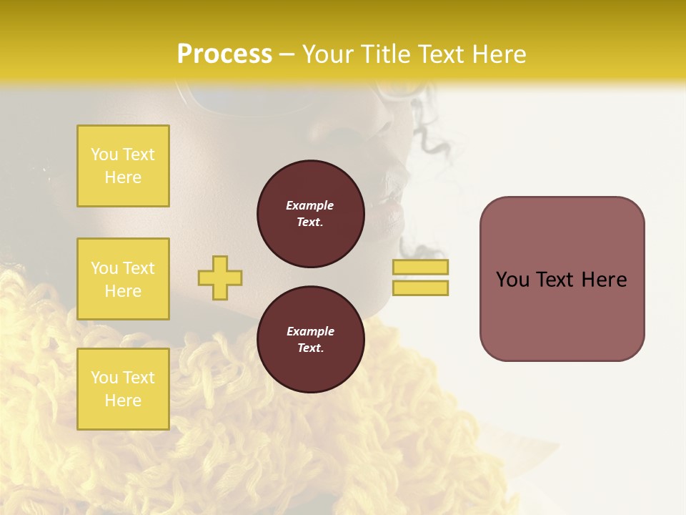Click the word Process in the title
click(224, 54)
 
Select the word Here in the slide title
click(497, 54)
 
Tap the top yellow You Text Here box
click(123, 166)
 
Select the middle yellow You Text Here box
click(123, 279)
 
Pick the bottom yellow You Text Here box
click(123, 389)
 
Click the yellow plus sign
click(220, 278)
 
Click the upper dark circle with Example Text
click(310, 214)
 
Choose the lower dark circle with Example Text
click(310, 340)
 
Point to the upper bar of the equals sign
click(420, 268)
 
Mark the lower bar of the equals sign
click(420, 288)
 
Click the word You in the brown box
click(512, 280)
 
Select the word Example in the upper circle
click(310, 205)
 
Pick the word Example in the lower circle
click(310, 331)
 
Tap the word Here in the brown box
click(604, 280)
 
